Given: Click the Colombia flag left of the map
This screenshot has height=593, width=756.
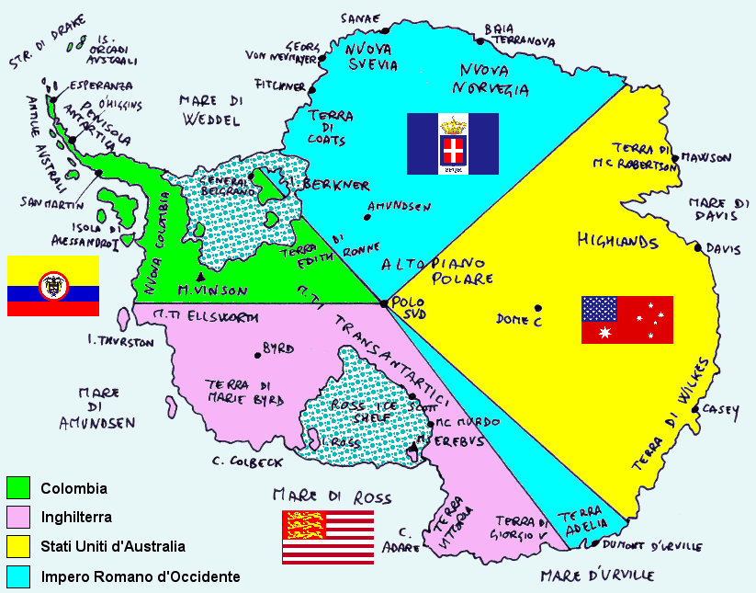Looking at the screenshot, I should point(53,286).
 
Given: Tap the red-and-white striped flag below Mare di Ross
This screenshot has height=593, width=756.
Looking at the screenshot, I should point(328,536).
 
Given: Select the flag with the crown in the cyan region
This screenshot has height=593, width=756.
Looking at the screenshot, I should point(452,143).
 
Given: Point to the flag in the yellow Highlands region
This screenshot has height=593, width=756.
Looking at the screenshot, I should point(626,319).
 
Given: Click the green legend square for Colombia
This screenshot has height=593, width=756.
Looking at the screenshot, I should point(18,488).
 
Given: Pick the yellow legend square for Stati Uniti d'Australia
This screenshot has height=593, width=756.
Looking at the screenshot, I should point(18,547).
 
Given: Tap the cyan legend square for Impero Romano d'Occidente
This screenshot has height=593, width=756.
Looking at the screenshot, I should point(18,576).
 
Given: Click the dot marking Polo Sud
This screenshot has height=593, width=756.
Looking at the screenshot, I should point(383,302).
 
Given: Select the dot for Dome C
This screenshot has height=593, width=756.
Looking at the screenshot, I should point(539,308).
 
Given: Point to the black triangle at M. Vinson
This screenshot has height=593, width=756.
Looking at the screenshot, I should point(200,277).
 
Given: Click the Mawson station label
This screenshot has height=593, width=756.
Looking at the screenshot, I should point(706,158).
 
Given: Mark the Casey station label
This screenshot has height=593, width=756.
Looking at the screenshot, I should point(720,413).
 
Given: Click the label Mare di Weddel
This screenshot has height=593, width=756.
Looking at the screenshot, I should point(210,109).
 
